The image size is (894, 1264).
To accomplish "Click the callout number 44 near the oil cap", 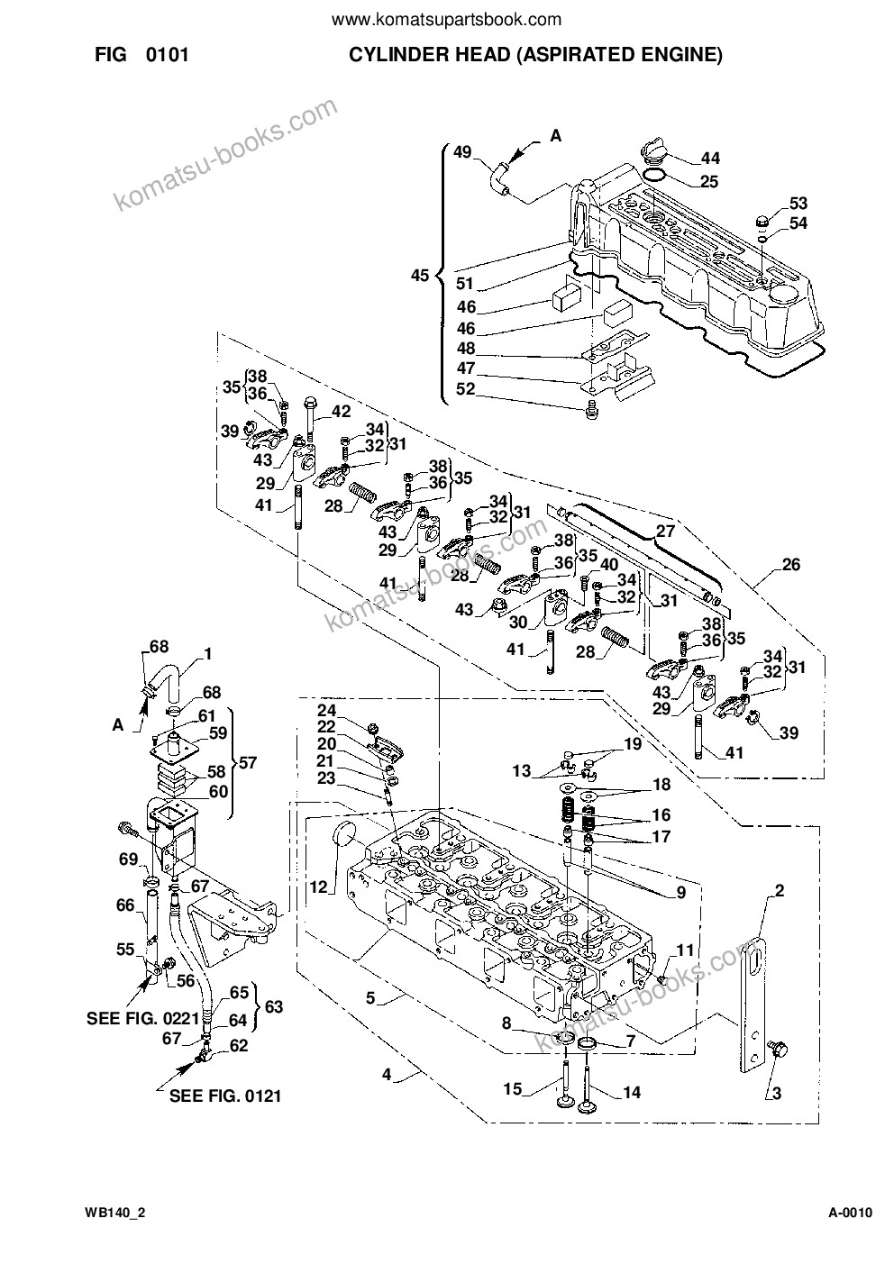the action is pos(710,158).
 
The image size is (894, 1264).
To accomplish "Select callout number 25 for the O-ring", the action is pos(709,181).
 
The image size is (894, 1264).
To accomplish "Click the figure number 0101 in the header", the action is pos(167,55).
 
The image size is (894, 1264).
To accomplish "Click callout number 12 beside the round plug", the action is pos(319,887).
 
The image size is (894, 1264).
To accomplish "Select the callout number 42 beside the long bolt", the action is pos(341,411).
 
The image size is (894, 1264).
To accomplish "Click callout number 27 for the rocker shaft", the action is pos(666,531).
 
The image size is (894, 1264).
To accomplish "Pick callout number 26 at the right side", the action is pos(790,564).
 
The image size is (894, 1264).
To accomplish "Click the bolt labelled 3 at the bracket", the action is pos(779,1050).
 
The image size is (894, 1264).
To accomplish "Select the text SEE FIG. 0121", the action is pos(225,1096).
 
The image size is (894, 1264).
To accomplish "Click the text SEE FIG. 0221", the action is pos(142,1018).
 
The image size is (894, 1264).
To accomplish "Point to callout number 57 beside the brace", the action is pos(248,763).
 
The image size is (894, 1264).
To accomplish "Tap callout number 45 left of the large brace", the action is pos(420,276).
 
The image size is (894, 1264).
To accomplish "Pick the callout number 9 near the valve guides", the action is pos(681,893).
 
